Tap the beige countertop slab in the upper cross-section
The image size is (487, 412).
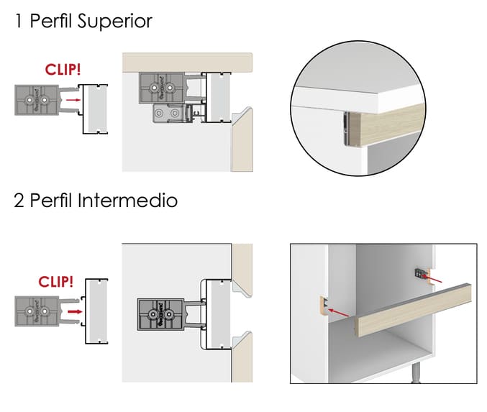pyautogui.click(x=187, y=62)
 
